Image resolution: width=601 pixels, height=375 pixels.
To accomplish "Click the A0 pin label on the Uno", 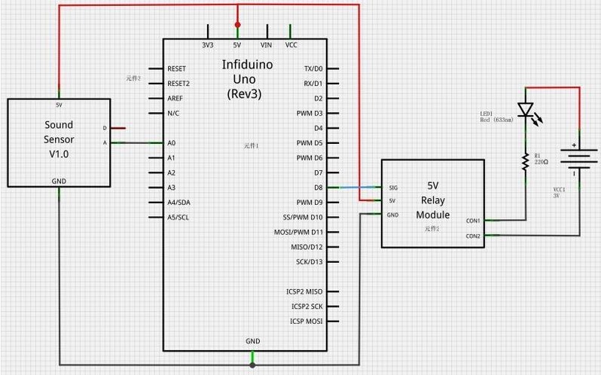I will click(x=172, y=142).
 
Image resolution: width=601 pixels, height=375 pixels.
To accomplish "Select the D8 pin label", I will click(x=318, y=187).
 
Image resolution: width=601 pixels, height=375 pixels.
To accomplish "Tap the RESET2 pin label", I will click(x=179, y=83).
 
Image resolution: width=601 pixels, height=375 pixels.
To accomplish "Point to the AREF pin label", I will click(x=175, y=98).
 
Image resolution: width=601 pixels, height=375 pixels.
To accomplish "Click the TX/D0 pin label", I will click(x=313, y=68).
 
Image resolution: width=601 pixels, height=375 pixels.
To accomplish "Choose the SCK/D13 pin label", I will click(x=309, y=262).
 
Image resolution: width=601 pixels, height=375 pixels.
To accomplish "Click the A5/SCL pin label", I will click(x=178, y=217).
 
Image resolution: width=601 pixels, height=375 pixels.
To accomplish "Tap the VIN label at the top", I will click(x=266, y=45).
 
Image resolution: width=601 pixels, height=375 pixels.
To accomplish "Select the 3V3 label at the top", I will click(x=208, y=45).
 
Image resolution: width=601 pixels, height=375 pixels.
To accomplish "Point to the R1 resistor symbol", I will click(x=526, y=159).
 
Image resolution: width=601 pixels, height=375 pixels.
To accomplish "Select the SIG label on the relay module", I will click(x=392, y=187).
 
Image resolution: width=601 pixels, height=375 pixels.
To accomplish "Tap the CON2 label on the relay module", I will click(x=473, y=236).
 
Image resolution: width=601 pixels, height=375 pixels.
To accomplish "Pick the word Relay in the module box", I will click(x=433, y=200).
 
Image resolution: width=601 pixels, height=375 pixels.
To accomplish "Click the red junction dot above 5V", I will click(x=238, y=25).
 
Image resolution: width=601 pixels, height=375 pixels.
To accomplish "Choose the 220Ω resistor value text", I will click(x=542, y=162).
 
